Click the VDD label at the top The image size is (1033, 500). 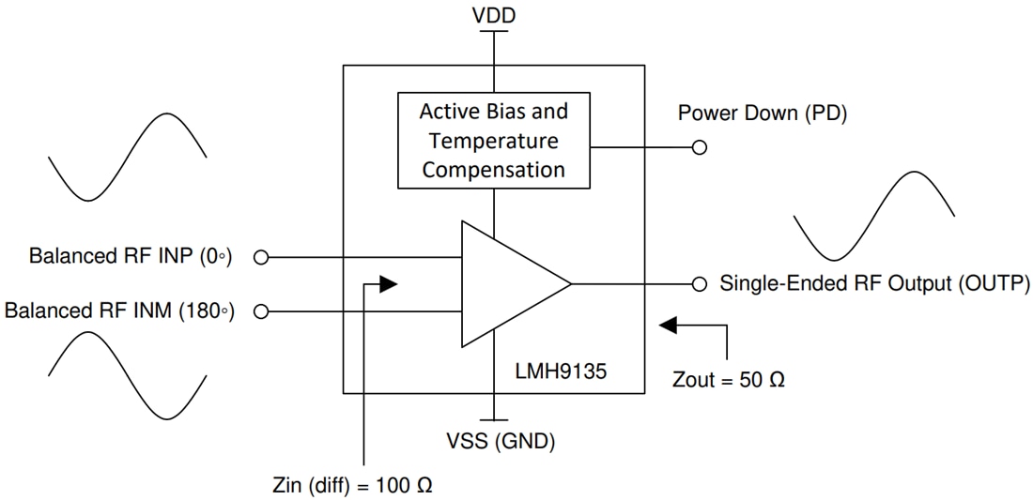493,15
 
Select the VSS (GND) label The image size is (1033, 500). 494,441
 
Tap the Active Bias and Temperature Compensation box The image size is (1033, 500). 494,141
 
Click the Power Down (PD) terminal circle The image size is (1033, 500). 699,147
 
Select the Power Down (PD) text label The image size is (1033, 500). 763,114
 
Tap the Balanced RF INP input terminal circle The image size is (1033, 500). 262,256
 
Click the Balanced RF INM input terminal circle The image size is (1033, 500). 262,311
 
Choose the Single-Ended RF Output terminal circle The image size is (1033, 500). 699,283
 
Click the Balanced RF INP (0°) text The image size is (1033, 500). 130,256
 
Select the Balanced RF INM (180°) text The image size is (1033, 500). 118,311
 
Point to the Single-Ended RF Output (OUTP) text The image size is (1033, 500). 874,283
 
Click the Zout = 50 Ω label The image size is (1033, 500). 729,381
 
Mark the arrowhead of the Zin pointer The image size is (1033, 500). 388,283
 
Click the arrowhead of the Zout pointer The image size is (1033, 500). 668,326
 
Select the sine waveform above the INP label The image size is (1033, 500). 127,157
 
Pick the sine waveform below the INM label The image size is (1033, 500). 127,375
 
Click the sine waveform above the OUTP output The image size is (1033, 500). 873,216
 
